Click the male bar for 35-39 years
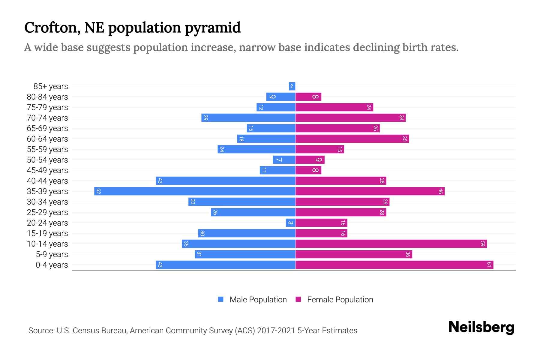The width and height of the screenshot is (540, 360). click(x=195, y=191)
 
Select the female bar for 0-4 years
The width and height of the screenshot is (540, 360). click(x=394, y=265)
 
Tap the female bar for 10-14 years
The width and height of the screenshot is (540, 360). click(x=391, y=244)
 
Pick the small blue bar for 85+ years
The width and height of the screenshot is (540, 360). click(x=292, y=86)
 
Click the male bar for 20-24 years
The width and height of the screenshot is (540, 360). click(x=290, y=223)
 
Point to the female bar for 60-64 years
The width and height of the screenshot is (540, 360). click(x=352, y=139)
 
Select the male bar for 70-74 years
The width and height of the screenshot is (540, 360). click(x=248, y=118)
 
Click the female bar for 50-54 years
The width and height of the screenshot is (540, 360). click(x=310, y=160)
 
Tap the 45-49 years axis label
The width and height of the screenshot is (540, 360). click(x=47, y=170)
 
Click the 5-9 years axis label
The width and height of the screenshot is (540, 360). click(x=52, y=254)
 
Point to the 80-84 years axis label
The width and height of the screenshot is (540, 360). click(x=47, y=97)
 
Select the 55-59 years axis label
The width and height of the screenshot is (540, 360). click(x=47, y=149)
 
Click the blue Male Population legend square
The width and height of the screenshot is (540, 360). click(x=221, y=299)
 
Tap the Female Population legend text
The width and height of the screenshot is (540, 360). click(x=340, y=299)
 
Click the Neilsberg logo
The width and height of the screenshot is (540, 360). click(x=481, y=327)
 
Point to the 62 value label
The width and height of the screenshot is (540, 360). click(x=99, y=191)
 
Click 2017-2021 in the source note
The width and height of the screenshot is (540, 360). click(x=276, y=330)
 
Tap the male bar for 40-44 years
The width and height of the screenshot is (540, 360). click(x=226, y=181)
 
